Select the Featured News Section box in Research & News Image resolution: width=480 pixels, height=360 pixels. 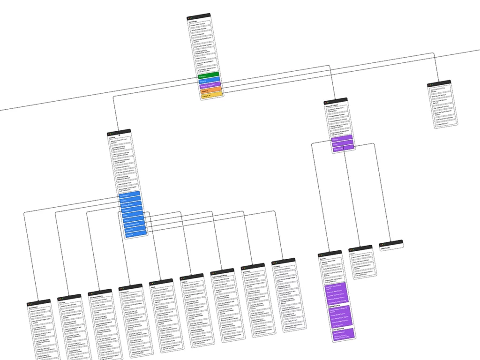point(337,115)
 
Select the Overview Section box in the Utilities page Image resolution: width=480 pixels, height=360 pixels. point(191,290)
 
